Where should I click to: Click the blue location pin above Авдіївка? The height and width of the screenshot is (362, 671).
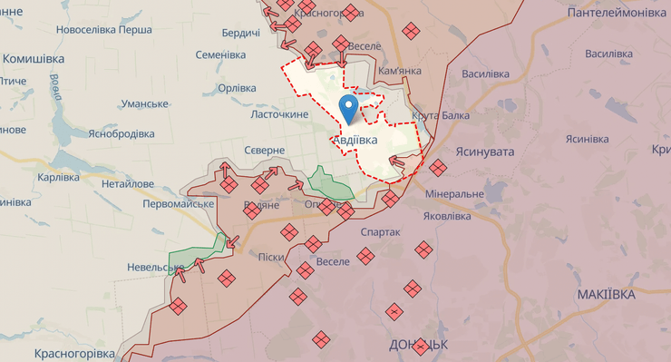click(348, 108)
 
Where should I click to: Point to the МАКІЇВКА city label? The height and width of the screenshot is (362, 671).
click(605, 295)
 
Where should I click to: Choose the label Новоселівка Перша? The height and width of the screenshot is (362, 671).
click(103, 29)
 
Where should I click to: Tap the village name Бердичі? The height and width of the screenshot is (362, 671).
click(240, 34)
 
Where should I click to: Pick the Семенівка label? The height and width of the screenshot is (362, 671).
click(220, 55)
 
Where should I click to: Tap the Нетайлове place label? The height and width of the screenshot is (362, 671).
click(128, 183)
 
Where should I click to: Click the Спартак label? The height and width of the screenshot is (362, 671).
click(380, 232)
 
